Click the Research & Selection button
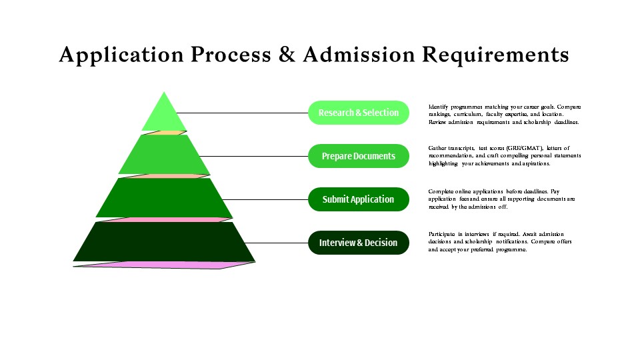click(x=358, y=113)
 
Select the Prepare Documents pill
click(x=358, y=156)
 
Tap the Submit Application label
click(x=358, y=199)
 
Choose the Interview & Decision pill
click(x=358, y=243)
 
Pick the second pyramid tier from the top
click(x=164, y=156)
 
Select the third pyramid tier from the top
click(x=164, y=198)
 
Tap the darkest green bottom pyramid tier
click(x=164, y=242)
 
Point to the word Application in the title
click(x=122, y=55)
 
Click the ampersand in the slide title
click(x=287, y=55)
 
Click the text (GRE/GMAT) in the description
click(x=523, y=148)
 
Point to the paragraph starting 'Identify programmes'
click(x=505, y=115)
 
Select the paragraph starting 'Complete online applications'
click(x=501, y=199)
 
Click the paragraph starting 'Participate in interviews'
click(x=500, y=241)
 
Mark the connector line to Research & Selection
click(x=243, y=113)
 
